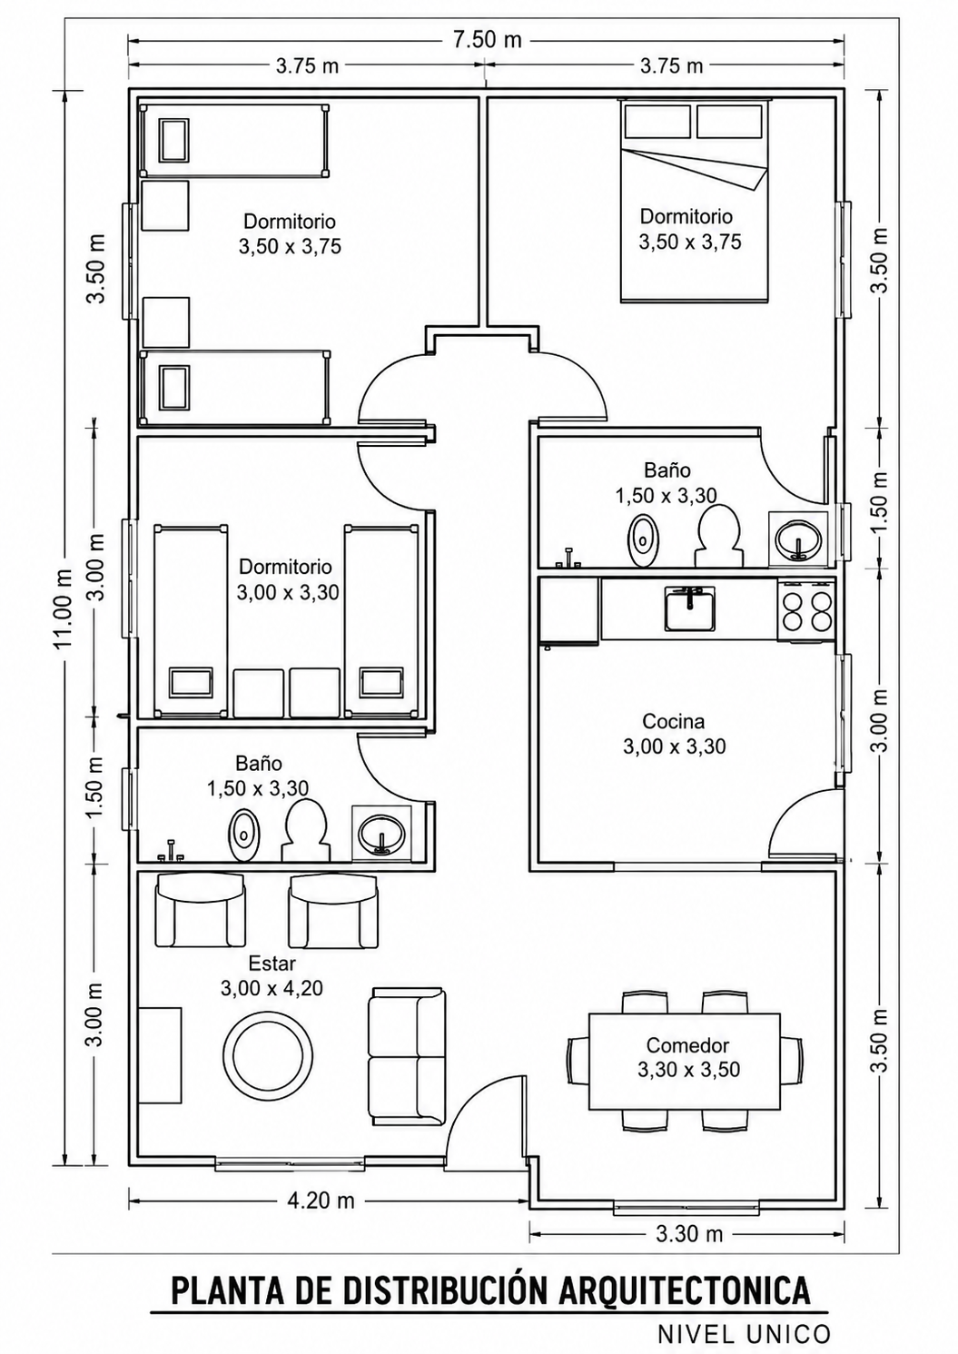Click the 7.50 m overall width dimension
coord(487,41)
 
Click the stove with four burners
coord(806,610)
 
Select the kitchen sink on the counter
coord(689,608)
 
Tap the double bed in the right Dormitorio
coord(695,200)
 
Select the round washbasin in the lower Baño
coord(382,835)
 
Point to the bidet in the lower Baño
coord(244,835)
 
